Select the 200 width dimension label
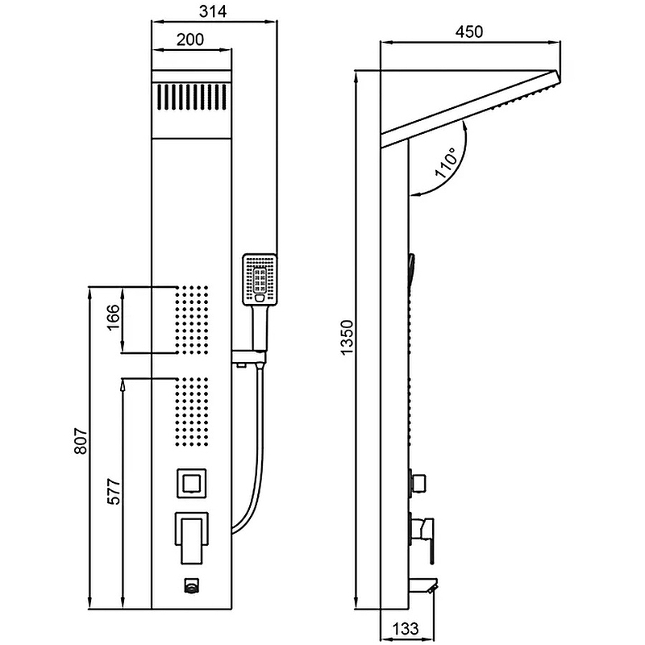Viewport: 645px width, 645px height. [x=191, y=40]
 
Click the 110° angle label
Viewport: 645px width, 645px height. [x=445, y=162]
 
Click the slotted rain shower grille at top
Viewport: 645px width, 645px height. [x=192, y=99]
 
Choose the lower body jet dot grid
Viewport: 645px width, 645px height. [x=191, y=411]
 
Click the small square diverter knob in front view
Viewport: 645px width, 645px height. [x=192, y=485]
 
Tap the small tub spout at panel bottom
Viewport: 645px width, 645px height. [x=191, y=587]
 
